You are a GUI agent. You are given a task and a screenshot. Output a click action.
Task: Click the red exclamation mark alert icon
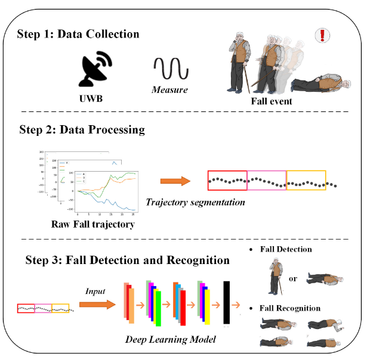(322, 35)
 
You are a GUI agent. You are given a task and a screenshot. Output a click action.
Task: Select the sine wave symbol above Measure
(171, 69)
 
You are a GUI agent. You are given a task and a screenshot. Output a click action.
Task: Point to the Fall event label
(272, 101)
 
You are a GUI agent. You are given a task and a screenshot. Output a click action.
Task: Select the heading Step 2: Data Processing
(82, 129)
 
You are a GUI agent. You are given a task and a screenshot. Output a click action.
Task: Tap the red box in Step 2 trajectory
(227, 180)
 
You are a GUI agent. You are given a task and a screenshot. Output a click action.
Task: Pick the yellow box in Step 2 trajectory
(306, 180)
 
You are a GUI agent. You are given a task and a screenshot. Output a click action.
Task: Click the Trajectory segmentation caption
(195, 202)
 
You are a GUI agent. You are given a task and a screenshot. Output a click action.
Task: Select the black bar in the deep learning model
(227, 303)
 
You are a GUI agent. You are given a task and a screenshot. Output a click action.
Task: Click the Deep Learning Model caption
(170, 339)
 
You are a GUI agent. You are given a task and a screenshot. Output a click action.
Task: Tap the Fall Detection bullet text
(285, 249)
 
